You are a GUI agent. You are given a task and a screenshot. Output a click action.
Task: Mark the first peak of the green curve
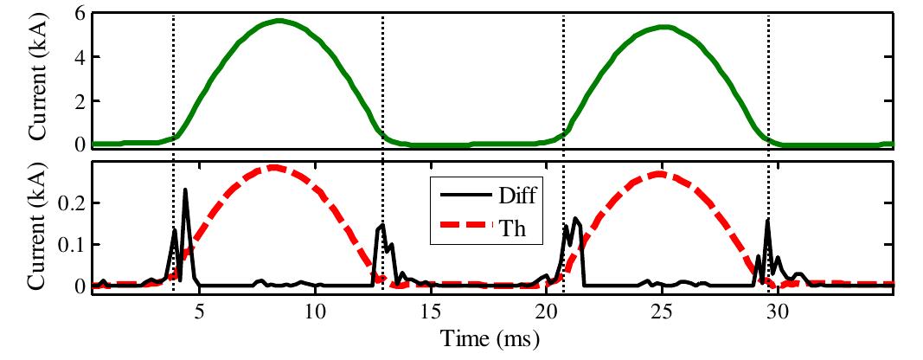278,21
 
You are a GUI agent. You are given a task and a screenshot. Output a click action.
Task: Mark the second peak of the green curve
663,27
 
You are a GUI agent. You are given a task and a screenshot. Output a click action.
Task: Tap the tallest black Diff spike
186,190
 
